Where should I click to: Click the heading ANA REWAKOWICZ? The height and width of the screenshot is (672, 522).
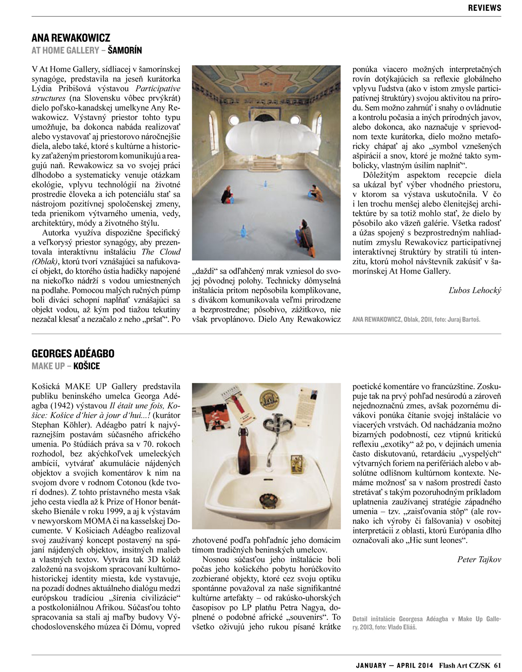point(71,37)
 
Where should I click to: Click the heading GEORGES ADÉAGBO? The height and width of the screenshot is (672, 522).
point(73,353)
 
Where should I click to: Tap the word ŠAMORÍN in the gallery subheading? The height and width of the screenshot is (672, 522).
point(124,50)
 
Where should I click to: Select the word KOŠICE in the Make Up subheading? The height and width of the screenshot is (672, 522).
point(87,365)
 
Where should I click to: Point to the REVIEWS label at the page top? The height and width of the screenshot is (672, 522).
point(485,7)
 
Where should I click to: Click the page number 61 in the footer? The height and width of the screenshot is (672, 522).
point(498,665)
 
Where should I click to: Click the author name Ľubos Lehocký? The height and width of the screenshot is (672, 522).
point(475,290)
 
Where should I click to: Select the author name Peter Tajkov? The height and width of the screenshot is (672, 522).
point(479,559)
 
